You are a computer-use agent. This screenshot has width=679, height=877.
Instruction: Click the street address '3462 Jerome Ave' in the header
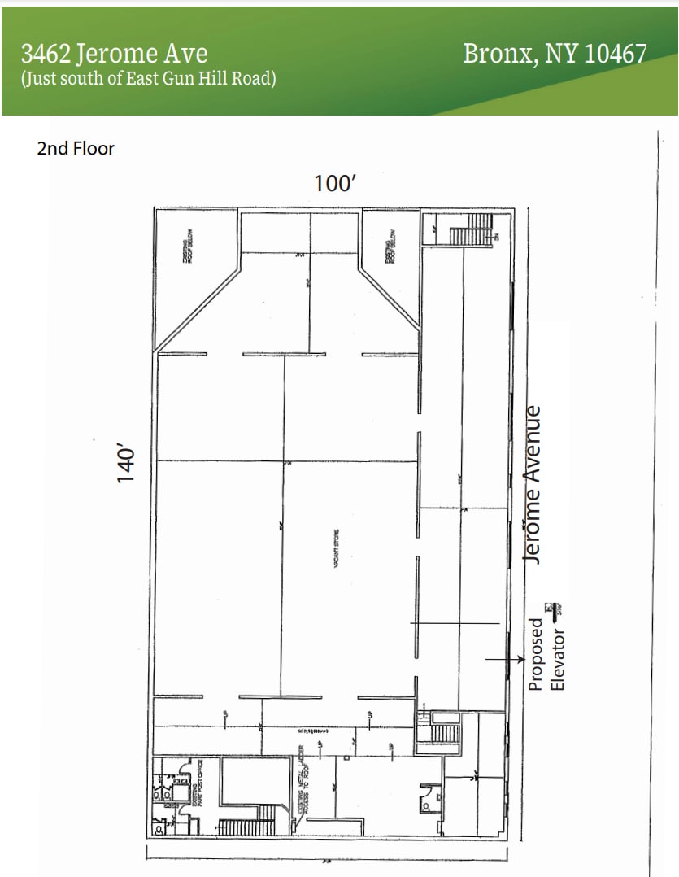point(114,54)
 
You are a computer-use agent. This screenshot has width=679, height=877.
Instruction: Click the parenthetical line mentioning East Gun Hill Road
point(149,79)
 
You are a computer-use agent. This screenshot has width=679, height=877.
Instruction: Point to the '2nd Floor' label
point(76,148)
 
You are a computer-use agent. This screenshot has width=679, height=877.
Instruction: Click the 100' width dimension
point(335,183)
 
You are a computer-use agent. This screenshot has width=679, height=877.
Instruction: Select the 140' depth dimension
point(125,465)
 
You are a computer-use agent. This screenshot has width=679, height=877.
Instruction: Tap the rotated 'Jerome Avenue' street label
point(533,483)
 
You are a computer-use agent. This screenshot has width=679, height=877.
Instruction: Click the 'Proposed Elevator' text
point(546,654)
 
